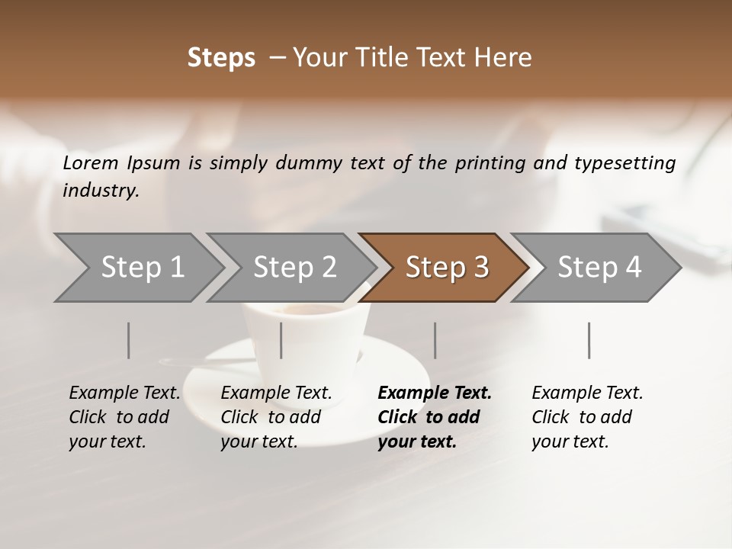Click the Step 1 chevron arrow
point(137,268)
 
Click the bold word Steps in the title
point(221,58)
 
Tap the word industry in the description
point(101,190)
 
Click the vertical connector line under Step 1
point(128,340)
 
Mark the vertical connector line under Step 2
point(281,340)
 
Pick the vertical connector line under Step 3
point(435,340)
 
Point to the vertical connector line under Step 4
point(589,340)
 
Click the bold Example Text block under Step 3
point(435,417)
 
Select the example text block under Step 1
point(124,417)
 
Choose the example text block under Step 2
point(276,417)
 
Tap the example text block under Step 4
point(587,417)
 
